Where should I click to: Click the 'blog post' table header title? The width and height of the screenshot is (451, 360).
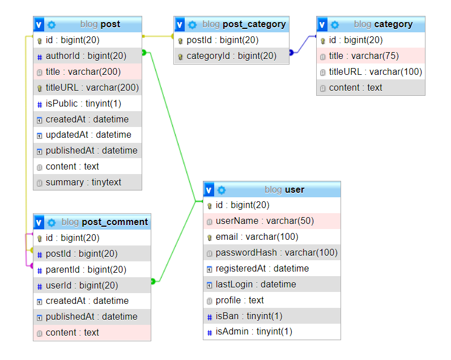click(x=100, y=24)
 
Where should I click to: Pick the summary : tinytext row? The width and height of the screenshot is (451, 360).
click(x=83, y=183)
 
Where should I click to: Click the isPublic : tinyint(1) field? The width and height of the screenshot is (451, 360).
click(x=83, y=104)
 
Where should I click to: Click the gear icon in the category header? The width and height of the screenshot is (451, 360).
click(x=335, y=24)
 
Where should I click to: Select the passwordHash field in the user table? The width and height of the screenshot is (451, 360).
click(x=276, y=253)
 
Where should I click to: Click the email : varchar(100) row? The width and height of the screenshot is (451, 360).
click(x=257, y=237)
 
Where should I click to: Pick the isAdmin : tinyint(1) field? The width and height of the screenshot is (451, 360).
click(x=254, y=332)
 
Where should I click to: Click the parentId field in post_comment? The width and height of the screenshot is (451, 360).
click(x=86, y=270)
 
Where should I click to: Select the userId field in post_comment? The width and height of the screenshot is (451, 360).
click(x=82, y=285)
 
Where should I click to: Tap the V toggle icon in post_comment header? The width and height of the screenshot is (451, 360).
click(x=39, y=222)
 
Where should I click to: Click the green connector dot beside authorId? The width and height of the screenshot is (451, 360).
click(x=144, y=53)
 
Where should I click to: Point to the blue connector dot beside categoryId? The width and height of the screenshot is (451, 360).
click(x=291, y=52)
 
